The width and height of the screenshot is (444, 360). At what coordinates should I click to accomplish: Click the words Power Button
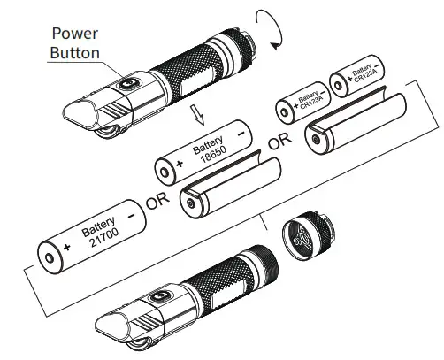(x=76, y=43)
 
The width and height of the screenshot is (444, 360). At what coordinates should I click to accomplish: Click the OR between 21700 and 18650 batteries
(x=158, y=201)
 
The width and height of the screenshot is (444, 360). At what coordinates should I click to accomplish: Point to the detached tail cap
(x=302, y=236)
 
